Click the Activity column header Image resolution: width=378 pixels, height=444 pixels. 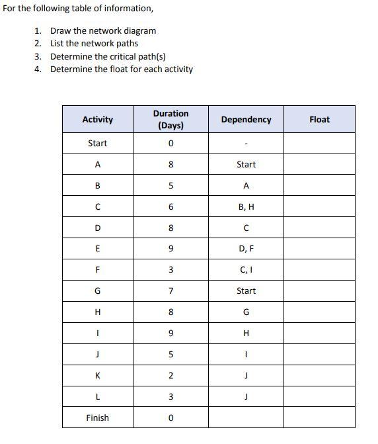point(97,120)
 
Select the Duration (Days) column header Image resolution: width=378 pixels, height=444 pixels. point(170,119)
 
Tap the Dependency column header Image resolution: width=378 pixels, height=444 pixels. point(246,120)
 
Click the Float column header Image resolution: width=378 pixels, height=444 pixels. point(319,120)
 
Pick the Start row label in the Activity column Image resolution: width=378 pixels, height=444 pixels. point(97,144)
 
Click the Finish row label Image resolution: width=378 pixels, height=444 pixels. point(97,418)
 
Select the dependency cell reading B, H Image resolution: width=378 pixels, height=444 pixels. point(246,207)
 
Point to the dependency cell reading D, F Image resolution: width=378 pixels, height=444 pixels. point(246,249)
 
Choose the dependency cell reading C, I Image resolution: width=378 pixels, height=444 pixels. point(246,270)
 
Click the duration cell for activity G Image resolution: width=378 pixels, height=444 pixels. point(170,291)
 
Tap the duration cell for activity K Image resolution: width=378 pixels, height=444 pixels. point(170,376)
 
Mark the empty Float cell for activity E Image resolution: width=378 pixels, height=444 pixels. point(319,249)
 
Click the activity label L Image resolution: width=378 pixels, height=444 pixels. point(97,397)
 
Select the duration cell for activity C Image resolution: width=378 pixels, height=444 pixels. point(170,207)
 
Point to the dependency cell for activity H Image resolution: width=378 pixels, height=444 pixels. point(246,312)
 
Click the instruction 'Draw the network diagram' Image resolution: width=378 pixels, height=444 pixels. point(103,31)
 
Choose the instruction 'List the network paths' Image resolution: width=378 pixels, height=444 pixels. point(94,44)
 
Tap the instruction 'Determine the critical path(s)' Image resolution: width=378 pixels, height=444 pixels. point(108,56)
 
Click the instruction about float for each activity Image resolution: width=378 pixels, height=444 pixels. point(122,69)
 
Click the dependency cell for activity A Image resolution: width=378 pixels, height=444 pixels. point(246,165)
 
